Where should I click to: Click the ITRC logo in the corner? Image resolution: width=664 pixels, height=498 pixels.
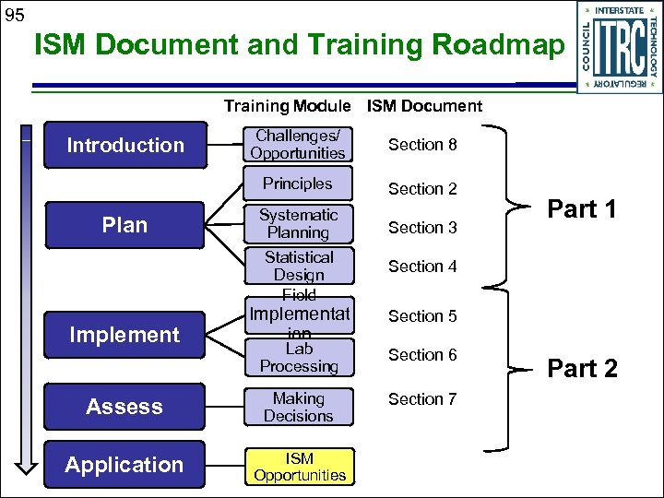619,47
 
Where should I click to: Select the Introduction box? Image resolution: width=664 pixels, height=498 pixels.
125,145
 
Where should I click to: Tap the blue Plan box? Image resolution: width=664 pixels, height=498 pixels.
125,225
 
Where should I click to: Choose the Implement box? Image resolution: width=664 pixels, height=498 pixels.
125,335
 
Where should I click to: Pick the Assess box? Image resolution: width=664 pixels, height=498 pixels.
125,407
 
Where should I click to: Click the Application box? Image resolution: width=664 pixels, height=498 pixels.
125,465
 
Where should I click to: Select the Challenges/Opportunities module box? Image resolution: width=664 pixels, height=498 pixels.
298,145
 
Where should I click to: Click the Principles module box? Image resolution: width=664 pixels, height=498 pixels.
298,184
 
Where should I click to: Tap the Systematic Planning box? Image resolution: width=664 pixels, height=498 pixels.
298,224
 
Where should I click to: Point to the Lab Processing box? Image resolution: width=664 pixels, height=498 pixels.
298,358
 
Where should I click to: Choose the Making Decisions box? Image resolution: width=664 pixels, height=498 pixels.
298,407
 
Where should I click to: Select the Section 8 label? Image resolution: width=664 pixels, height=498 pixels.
422,145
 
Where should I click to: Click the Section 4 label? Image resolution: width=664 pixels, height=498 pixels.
422,267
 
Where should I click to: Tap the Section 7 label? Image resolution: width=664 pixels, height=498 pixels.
422,399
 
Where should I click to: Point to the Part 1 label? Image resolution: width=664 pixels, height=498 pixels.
582,209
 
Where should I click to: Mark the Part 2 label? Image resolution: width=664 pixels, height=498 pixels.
582,369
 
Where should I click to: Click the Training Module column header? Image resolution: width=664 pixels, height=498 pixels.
287,106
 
